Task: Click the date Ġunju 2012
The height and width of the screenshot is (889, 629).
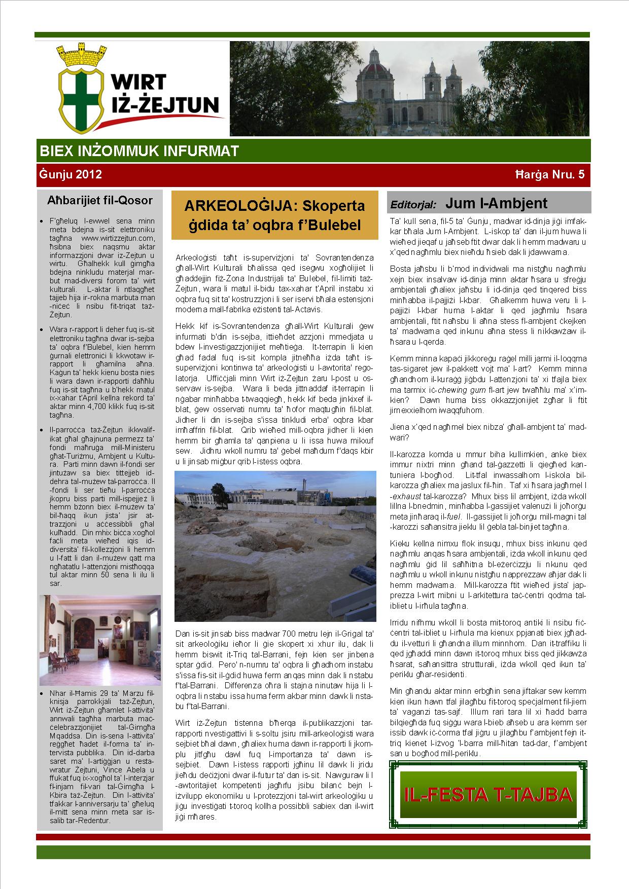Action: (70, 175)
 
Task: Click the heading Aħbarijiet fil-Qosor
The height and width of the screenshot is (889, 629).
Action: (99, 200)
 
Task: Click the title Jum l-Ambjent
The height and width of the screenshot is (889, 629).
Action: (496, 204)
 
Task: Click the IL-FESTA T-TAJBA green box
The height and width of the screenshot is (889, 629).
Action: (488, 795)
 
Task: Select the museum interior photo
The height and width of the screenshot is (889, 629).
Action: (100, 641)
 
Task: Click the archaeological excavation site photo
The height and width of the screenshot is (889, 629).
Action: (275, 546)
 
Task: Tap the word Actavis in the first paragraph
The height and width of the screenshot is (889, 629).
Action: (306, 310)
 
